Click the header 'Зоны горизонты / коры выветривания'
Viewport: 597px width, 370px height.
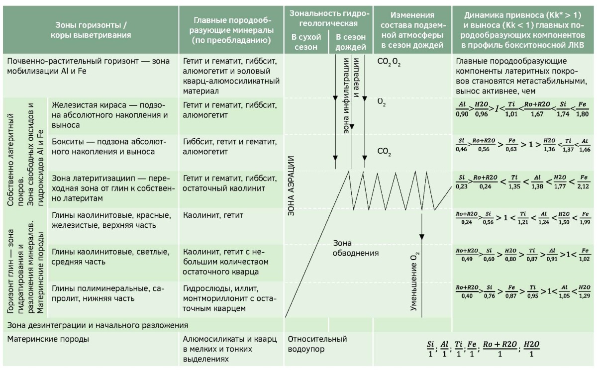pyautogui.click(x=91, y=30)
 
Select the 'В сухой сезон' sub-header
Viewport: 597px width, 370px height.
pyautogui.click(x=306, y=42)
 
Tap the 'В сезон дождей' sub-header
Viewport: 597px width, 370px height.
pyautogui.click(x=350, y=42)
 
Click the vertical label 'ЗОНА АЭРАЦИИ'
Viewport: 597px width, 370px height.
pyautogui.click(x=291, y=186)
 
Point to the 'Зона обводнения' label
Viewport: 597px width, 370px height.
pyautogui.click(x=356, y=248)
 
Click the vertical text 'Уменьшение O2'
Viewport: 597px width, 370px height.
pyautogui.click(x=414, y=281)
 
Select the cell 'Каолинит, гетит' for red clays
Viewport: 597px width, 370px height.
pyautogui.click(x=213, y=215)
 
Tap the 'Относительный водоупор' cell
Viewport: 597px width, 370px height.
pyautogui.click(x=317, y=344)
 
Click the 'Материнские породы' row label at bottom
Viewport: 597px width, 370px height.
pyautogui.click(x=48, y=339)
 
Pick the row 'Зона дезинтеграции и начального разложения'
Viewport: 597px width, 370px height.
pyautogui.click(x=98, y=325)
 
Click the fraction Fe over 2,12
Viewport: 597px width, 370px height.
pyautogui.click(x=583, y=182)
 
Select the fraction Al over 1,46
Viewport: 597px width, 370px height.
pyautogui.click(x=585, y=145)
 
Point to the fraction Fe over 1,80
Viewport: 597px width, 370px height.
pyautogui.click(x=583, y=109)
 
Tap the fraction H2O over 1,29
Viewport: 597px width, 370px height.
pyautogui.click(x=585, y=291)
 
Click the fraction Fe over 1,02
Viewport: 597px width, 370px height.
pyautogui.click(x=585, y=255)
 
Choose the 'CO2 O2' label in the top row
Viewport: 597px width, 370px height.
pyautogui.click(x=389, y=62)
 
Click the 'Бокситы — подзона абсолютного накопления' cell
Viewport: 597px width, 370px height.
pyautogui.click(x=109, y=147)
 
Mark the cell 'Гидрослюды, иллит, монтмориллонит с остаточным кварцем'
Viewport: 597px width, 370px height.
pyautogui.click(x=229, y=298)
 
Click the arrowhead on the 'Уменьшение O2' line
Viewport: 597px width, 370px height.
pyautogui.click(x=422, y=237)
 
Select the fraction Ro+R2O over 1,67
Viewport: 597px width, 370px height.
pyautogui.click(x=537, y=109)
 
